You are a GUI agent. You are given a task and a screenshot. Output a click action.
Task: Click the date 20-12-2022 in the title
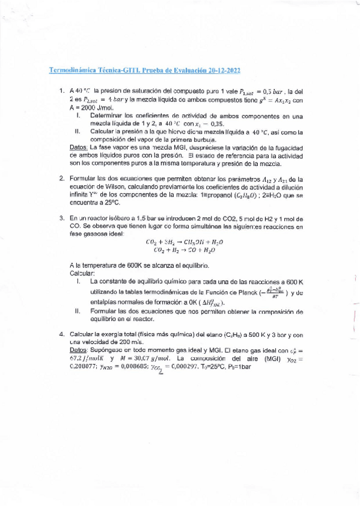[220, 70]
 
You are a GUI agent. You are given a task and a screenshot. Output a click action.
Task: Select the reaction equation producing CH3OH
[185, 242]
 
